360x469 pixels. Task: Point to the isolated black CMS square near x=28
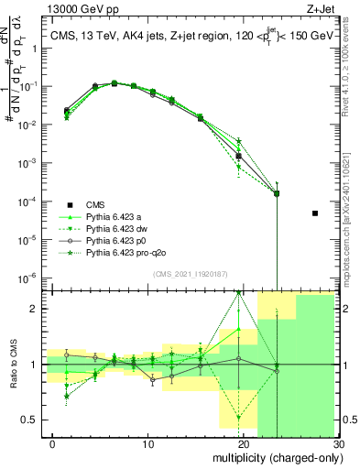tap(315, 213)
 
